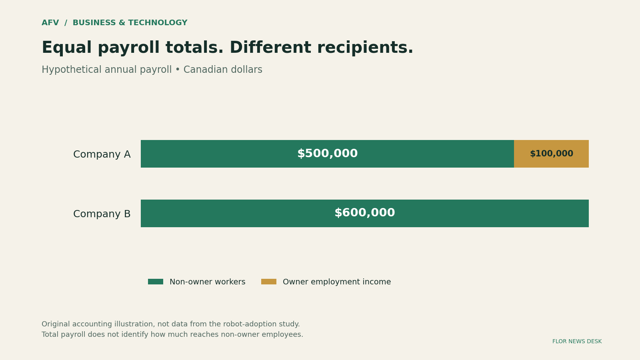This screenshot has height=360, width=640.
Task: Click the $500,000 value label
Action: click(x=328, y=154)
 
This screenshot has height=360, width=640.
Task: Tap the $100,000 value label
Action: click(x=552, y=154)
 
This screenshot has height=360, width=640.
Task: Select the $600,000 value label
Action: click(x=364, y=213)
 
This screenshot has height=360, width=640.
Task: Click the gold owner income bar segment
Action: click(x=552, y=154)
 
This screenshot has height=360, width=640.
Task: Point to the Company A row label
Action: click(x=102, y=154)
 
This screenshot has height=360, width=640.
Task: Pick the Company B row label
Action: click(x=102, y=214)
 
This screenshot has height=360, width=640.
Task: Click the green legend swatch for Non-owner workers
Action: click(x=156, y=282)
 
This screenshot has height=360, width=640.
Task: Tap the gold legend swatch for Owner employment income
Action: click(x=268, y=282)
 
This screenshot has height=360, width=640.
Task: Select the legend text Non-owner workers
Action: click(x=208, y=282)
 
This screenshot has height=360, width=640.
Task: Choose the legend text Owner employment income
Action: click(x=337, y=282)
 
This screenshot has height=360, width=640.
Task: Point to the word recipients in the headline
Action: click(x=362, y=48)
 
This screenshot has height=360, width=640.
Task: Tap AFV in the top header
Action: click(x=50, y=23)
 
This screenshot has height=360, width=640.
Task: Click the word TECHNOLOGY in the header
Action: click(x=158, y=23)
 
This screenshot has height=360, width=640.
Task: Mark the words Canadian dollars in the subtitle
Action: click(x=223, y=70)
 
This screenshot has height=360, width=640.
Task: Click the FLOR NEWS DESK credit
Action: click(x=577, y=342)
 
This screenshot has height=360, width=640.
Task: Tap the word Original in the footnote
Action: click(x=56, y=324)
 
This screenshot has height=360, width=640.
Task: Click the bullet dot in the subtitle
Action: click(x=178, y=70)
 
